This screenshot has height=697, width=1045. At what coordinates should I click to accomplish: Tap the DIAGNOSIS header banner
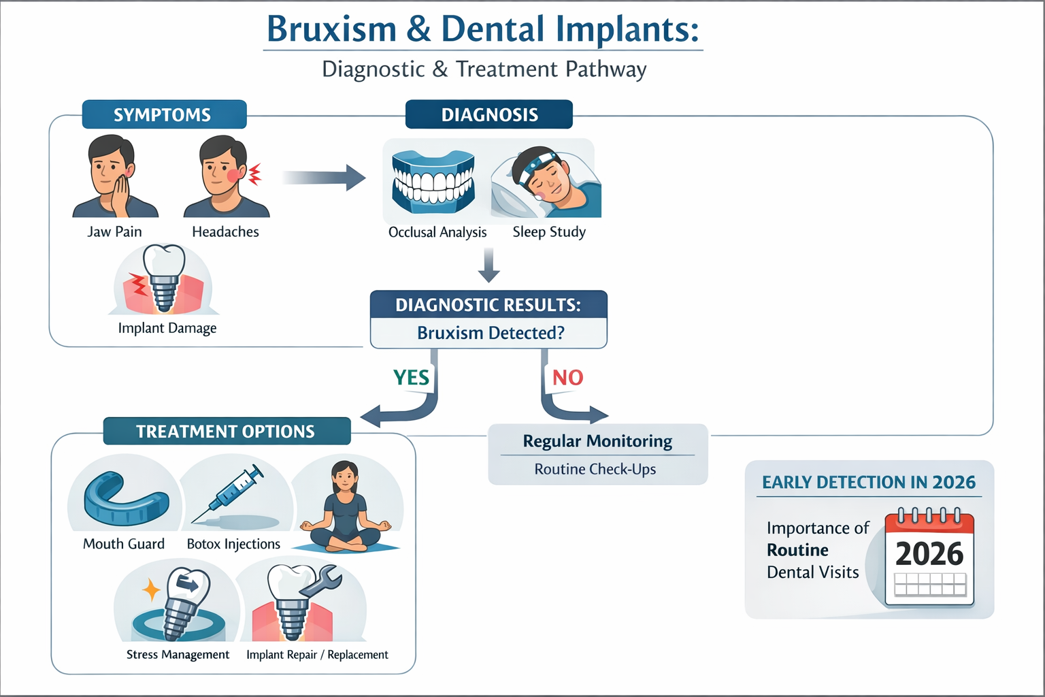489,114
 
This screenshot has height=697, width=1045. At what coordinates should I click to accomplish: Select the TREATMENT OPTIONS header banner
226,432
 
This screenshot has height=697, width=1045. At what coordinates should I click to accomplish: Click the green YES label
411,377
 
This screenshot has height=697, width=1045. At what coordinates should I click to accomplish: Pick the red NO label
567,377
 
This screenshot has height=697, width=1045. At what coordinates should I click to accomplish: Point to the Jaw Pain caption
114,231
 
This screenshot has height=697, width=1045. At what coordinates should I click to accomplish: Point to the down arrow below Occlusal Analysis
488,265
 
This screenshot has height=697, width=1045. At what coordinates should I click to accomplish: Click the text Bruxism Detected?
491,333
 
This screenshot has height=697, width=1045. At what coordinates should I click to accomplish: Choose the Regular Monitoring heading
597,441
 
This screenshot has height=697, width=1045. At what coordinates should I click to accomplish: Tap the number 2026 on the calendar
929,553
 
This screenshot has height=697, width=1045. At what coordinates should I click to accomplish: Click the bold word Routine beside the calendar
797,550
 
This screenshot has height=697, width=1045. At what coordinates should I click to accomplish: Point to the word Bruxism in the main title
331,29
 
